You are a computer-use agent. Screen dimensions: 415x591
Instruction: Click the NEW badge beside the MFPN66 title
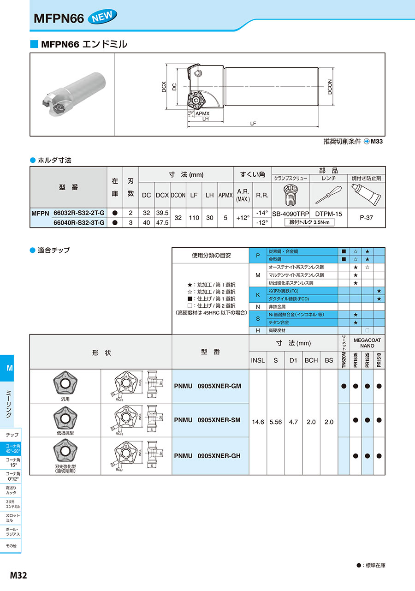pyautogui.click(x=102, y=17)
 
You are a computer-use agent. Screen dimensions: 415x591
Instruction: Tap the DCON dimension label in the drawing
pyautogui.click(x=330, y=87)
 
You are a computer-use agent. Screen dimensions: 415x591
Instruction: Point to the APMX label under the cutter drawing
pyautogui.click(x=202, y=113)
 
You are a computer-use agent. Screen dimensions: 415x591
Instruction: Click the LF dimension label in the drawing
pyautogui.click(x=253, y=124)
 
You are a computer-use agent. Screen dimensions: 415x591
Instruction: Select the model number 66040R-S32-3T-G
pyautogui.click(x=79, y=223)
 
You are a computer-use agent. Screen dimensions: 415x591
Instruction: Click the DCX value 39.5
pyautogui.click(x=162, y=213)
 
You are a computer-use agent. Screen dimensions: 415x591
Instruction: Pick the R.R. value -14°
pyautogui.click(x=262, y=213)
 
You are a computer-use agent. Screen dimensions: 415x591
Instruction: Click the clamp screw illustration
pyautogui.click(x=290, y=195)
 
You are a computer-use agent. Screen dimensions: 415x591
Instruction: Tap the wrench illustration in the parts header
pyautogui.click(x=328, y=195)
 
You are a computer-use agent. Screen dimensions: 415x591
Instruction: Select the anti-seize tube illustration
pyautogui.click(x=366, y=195)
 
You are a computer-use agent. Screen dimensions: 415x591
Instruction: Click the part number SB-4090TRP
pyautogui.click(x=290, y=214)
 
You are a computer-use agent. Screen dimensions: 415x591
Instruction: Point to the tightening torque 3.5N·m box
pyautogui.click(x=309, y=222)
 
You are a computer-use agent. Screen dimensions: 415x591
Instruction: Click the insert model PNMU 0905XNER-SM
pyautogui.click(x=207, y=420)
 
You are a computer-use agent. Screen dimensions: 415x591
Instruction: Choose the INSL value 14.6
pyautogui.click(x=258, y=422)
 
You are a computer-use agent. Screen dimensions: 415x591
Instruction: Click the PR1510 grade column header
pyautogui.click(x=379, y=360)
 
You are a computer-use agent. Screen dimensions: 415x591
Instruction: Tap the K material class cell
pyautogui.click(x=258, y=295)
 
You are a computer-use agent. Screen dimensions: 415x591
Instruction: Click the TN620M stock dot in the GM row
pyautogui.click(x=344, y=386)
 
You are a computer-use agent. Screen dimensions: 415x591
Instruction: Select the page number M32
pyautogui.click(x=18, y=575)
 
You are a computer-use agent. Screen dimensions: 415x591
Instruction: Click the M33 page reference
pyautogui.click(x=377, y=142)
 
